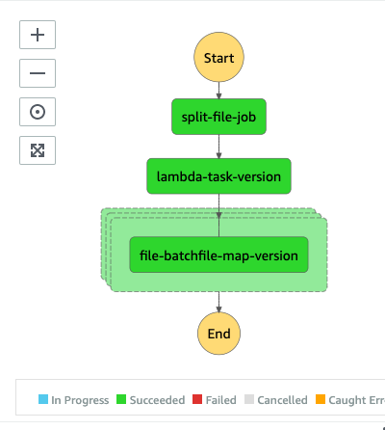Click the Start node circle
pyautogui.click(x=218, y=57)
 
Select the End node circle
pyautogui.click(x=218, y=334)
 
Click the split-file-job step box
pyautogui.click(x=218, y=117)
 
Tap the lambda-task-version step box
pyautogui.click(x=218, y=176)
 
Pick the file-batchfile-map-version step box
pyautogui.click(x=218, y=255)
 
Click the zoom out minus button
pyautogui.click(x=38, y=73)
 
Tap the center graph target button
pyautogui.click(x=38, y=112)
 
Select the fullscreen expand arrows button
pyautogui.click(x=38, y=150)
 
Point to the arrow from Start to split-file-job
pyautogui.click(x=218, y=91)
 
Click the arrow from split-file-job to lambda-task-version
pyautogui.click(x=218, y=147)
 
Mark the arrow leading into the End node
pyautogui.click(x=218, y=302)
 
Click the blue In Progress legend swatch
pyautogui.click(x=43, y=399)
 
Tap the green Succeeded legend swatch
pyautogui.click(x=121, y=399)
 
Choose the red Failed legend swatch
pyautogui.click(x=197, y=399)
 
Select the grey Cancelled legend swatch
pyautogui.click(x=249, y=399)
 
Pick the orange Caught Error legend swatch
pyautogui.click(x=321, y=399)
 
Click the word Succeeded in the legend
pyautogui.click(x=157, y=400)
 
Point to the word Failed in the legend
pyautogui.click(x=221, y=400)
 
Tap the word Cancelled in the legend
pyautogui.click(x=282, y=400)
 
